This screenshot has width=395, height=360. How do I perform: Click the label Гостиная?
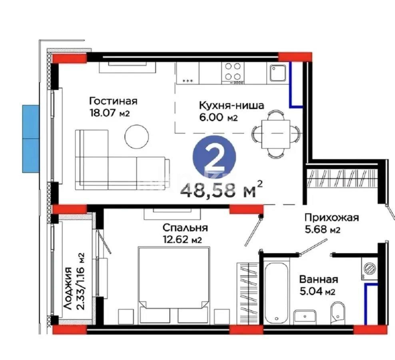(x=114, y=101)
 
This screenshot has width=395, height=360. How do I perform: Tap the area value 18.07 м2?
(x=110, y=113)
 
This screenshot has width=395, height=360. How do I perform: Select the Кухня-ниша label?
(x=231, y=106)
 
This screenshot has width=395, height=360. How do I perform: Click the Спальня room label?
(x=185, y=228)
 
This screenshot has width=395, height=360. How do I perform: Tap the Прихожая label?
(x=331, y=218)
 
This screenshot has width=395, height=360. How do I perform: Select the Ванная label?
(x=318, y=280)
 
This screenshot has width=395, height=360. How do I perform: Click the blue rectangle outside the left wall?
(x=31, y=138)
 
